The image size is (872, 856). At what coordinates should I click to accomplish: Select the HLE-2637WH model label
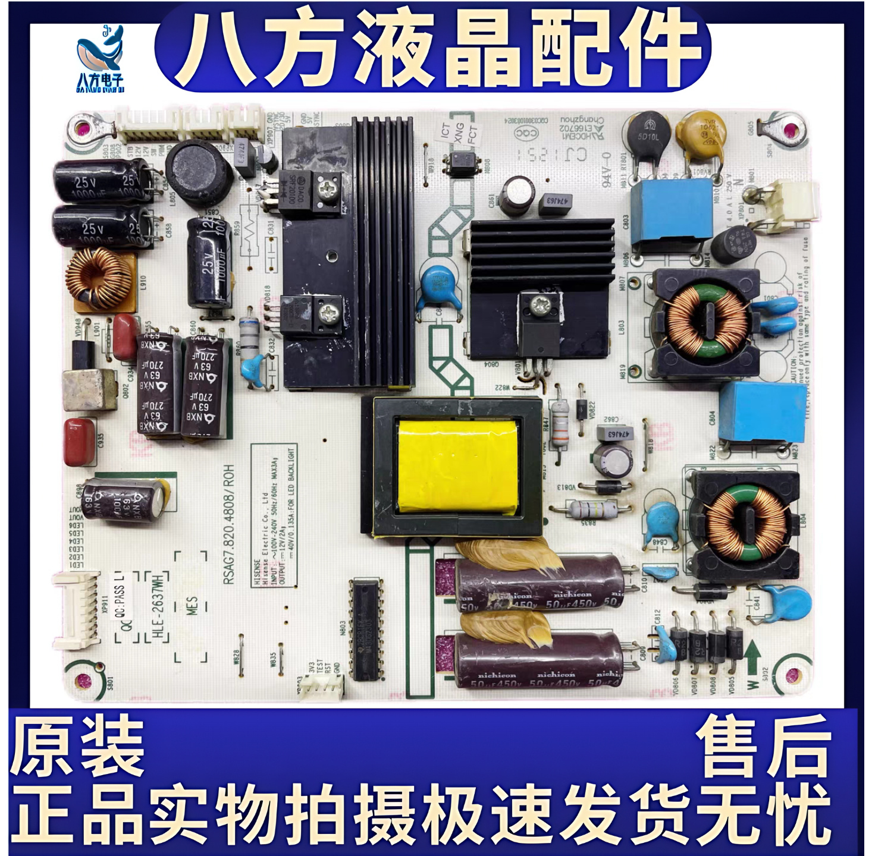click(158, 606)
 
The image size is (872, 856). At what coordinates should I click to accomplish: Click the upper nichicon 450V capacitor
click(538, 586)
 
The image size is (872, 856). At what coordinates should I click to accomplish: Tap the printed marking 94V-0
click(607, 170)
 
